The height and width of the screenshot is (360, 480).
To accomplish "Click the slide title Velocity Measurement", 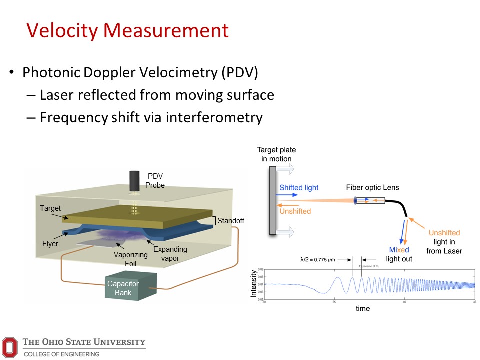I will (x=127, y=31).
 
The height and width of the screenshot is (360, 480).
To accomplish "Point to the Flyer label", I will (x=50, y=244).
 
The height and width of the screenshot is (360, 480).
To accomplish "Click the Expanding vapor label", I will (x=170, y=253).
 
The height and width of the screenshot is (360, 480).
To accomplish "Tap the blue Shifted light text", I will (x=299, y=188).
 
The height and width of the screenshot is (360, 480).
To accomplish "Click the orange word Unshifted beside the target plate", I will (x=295, y=211).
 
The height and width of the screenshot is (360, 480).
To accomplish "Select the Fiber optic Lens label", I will (x=372, y=188).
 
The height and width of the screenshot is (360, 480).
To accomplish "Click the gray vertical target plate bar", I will (x=272, y=200).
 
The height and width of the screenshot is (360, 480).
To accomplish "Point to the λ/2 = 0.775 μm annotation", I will (x=319, y=260).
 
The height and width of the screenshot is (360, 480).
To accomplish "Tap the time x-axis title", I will (x=363, y=309).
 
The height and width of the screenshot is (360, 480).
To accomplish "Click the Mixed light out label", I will (x=399, y=254).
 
